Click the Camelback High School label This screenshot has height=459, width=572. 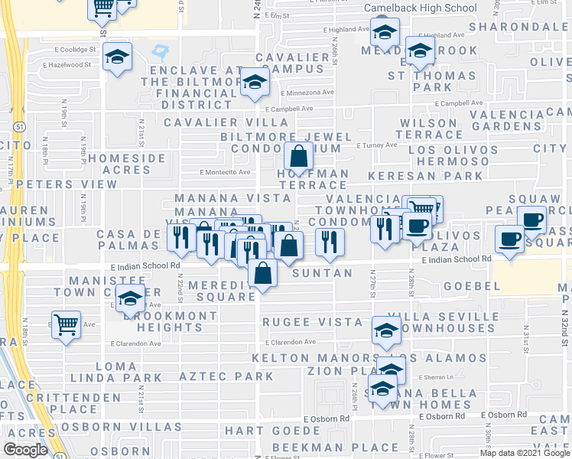tap(420, 8)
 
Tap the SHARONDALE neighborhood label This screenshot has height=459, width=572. tap(520, 27)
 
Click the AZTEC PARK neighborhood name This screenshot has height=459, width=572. tap(226, 376)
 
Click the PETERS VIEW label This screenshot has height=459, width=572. tap(67, 184)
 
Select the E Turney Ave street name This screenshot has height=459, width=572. tap(377, 145)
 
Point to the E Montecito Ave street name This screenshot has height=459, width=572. tap(225, 172)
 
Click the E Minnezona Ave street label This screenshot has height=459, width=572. tap(306, 92)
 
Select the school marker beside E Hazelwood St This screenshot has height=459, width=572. tap(118, 57)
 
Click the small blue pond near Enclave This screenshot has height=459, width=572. tap(161, 52)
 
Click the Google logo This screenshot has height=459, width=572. tap(25, 450)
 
